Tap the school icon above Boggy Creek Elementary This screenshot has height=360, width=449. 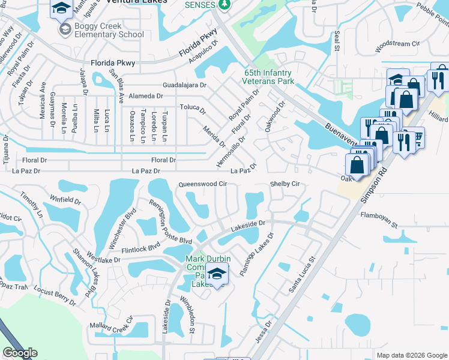pyautogui.click(x=61, y=8)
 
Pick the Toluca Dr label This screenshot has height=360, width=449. pyautogui.click(x=193, y=111)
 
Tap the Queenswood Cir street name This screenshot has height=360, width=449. pyautogui.click(x=202, y=184)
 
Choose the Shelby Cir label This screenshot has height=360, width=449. pyautogui.click(x=284, y=184)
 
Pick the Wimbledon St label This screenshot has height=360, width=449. pyautogui.click(x=191, y=316)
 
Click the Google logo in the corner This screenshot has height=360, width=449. pyautogui.click(x=20, y=353)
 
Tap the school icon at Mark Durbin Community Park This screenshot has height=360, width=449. pyautogui.click(x=217, y=273)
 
